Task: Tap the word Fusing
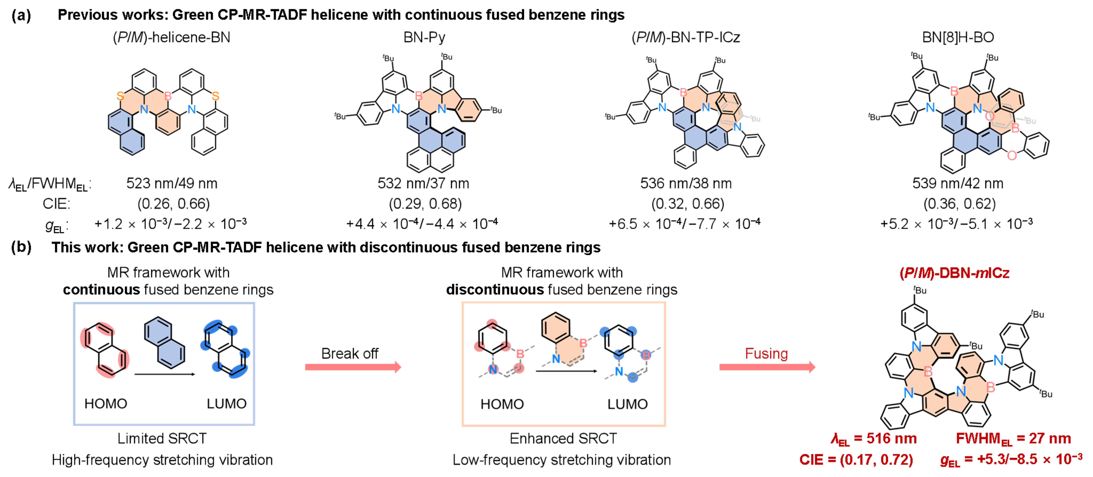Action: [766, 354]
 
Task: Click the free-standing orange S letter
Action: [216, 96]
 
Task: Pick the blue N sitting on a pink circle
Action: [493, 369]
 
